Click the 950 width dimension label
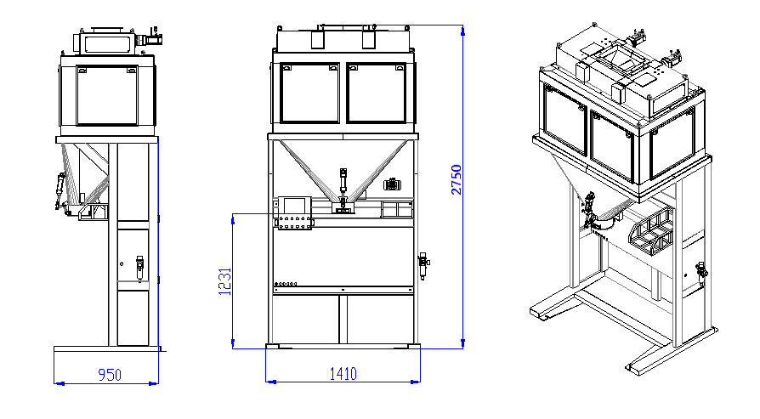[x=110, y=375]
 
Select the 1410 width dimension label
[x=343, y=374]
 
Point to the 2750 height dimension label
[x=457, y=179]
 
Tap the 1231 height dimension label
[x=225, y=281]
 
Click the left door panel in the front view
[x=309, y=93]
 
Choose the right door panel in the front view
[x=377, y=93]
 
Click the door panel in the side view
[x=107, y=95]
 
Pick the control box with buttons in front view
[x=294, y=213]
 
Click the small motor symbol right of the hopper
[x=391, y=184]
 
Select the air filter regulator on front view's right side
[x=423, y=265]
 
